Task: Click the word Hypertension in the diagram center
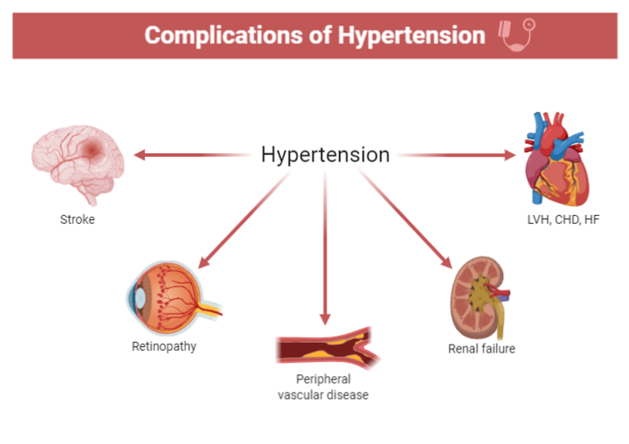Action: coord(325,155)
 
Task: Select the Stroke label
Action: coord(77,220)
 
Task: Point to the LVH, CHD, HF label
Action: coord(563,220)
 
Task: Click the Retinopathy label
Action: coord(164,347)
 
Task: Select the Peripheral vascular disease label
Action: coord(323,387)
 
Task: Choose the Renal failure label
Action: coord(482,349)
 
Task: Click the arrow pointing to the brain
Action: coord(190,155)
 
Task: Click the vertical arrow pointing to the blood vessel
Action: coord(325,248)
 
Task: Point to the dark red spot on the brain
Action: coord(92,149)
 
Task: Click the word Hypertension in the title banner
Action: coord(411,35)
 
